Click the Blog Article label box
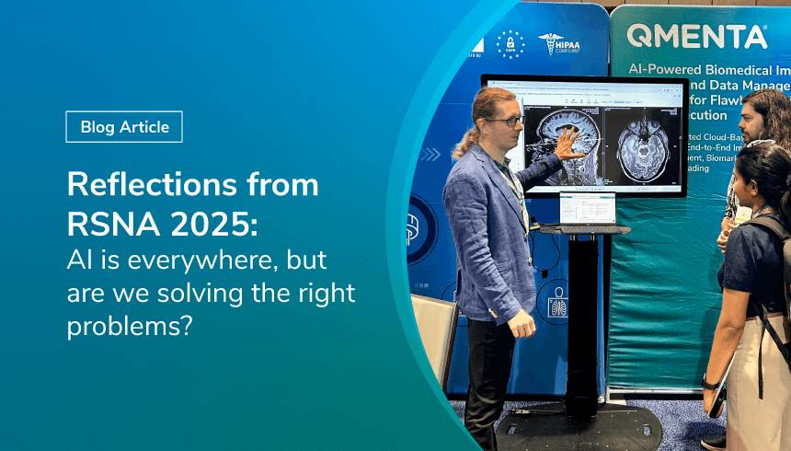pos(124,127)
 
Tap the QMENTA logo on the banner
pos(696,37)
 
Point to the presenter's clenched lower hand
pos(522,323)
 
